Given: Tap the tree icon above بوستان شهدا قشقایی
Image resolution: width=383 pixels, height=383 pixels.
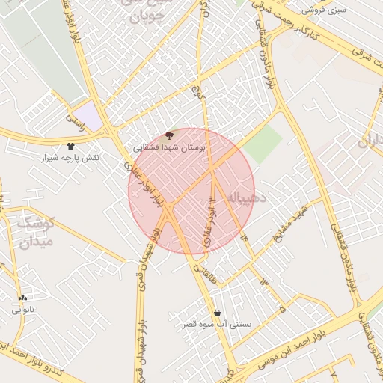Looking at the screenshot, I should click(x=169, y=135).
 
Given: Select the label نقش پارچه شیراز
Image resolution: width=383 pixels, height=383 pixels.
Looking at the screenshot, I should click(x=70, y=159).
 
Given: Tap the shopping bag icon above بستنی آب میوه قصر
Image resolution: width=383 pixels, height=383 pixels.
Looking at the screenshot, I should click(x=217, y=313).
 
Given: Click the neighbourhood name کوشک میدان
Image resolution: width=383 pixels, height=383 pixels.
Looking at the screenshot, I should click(x=35, y=232).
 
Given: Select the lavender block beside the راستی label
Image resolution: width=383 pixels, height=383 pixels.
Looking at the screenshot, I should click(x=90, y=114).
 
